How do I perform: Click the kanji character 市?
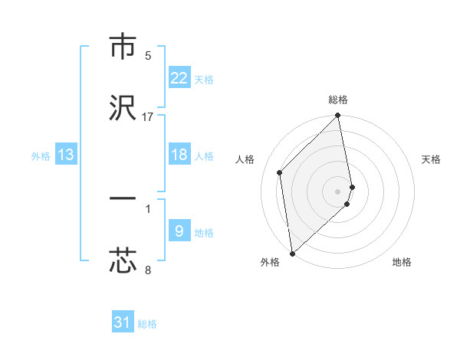tap(123, 47)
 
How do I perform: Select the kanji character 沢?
tap(123, 107)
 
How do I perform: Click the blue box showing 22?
tap(179, 77)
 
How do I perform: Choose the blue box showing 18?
tap(179, 155)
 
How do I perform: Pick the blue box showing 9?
tap(179, 231)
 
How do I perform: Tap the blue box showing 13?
tap(66, 155)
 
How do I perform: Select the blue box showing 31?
tap(123, 322)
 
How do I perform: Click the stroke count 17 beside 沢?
tap(148, 117)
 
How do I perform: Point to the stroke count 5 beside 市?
tap(148, 56)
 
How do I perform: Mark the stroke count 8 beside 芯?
tap(148, 270)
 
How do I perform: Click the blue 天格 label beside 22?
tap(204, 80)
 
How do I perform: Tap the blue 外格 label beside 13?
tap(41, 156)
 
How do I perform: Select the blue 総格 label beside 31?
tap(147, 325)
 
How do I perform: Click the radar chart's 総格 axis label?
tap(338, 100)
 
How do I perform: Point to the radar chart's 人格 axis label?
tap(245, 159)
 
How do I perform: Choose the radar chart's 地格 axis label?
tap(402, 263)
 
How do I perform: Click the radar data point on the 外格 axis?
tap(292, 253)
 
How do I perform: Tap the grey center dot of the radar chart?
tap(338, 191)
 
